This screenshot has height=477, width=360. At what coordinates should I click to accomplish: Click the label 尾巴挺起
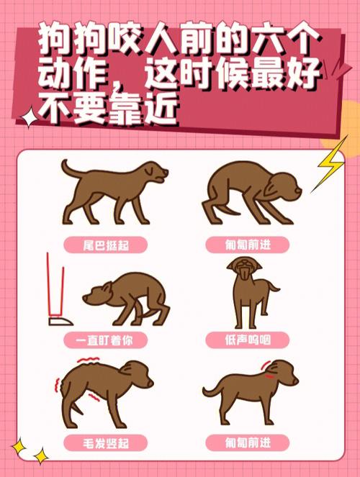coord(106,245)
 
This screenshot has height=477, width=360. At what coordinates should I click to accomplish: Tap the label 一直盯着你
coord(104,340)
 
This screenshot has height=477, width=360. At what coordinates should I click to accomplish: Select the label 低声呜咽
coord(248,340)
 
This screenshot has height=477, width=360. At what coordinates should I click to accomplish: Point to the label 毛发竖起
coord(106,443)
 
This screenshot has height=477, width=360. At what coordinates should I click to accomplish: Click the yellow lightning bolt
coord(330,164)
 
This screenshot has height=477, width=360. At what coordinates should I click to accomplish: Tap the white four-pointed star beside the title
coord(29,117)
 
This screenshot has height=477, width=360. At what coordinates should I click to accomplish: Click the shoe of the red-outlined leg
coord(60,322)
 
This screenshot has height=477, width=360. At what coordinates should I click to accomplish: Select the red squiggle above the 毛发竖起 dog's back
coord(89,360)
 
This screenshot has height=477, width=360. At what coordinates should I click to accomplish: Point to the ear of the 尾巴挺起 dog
coord(150,171)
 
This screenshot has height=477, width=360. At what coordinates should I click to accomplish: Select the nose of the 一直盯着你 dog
coord(85,298)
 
